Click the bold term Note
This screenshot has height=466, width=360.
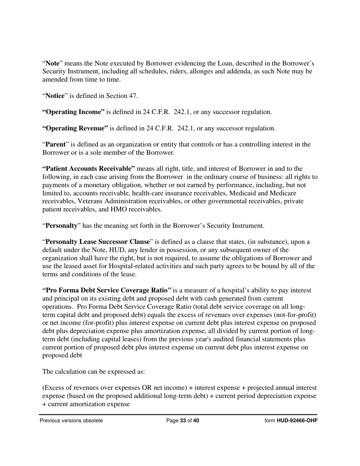coord(53,63)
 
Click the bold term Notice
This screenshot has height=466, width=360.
coord(55,96)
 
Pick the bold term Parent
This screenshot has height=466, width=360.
coord(56,144)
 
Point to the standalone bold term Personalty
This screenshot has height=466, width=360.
coord(61,226)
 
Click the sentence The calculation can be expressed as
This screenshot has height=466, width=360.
coord(94,372)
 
